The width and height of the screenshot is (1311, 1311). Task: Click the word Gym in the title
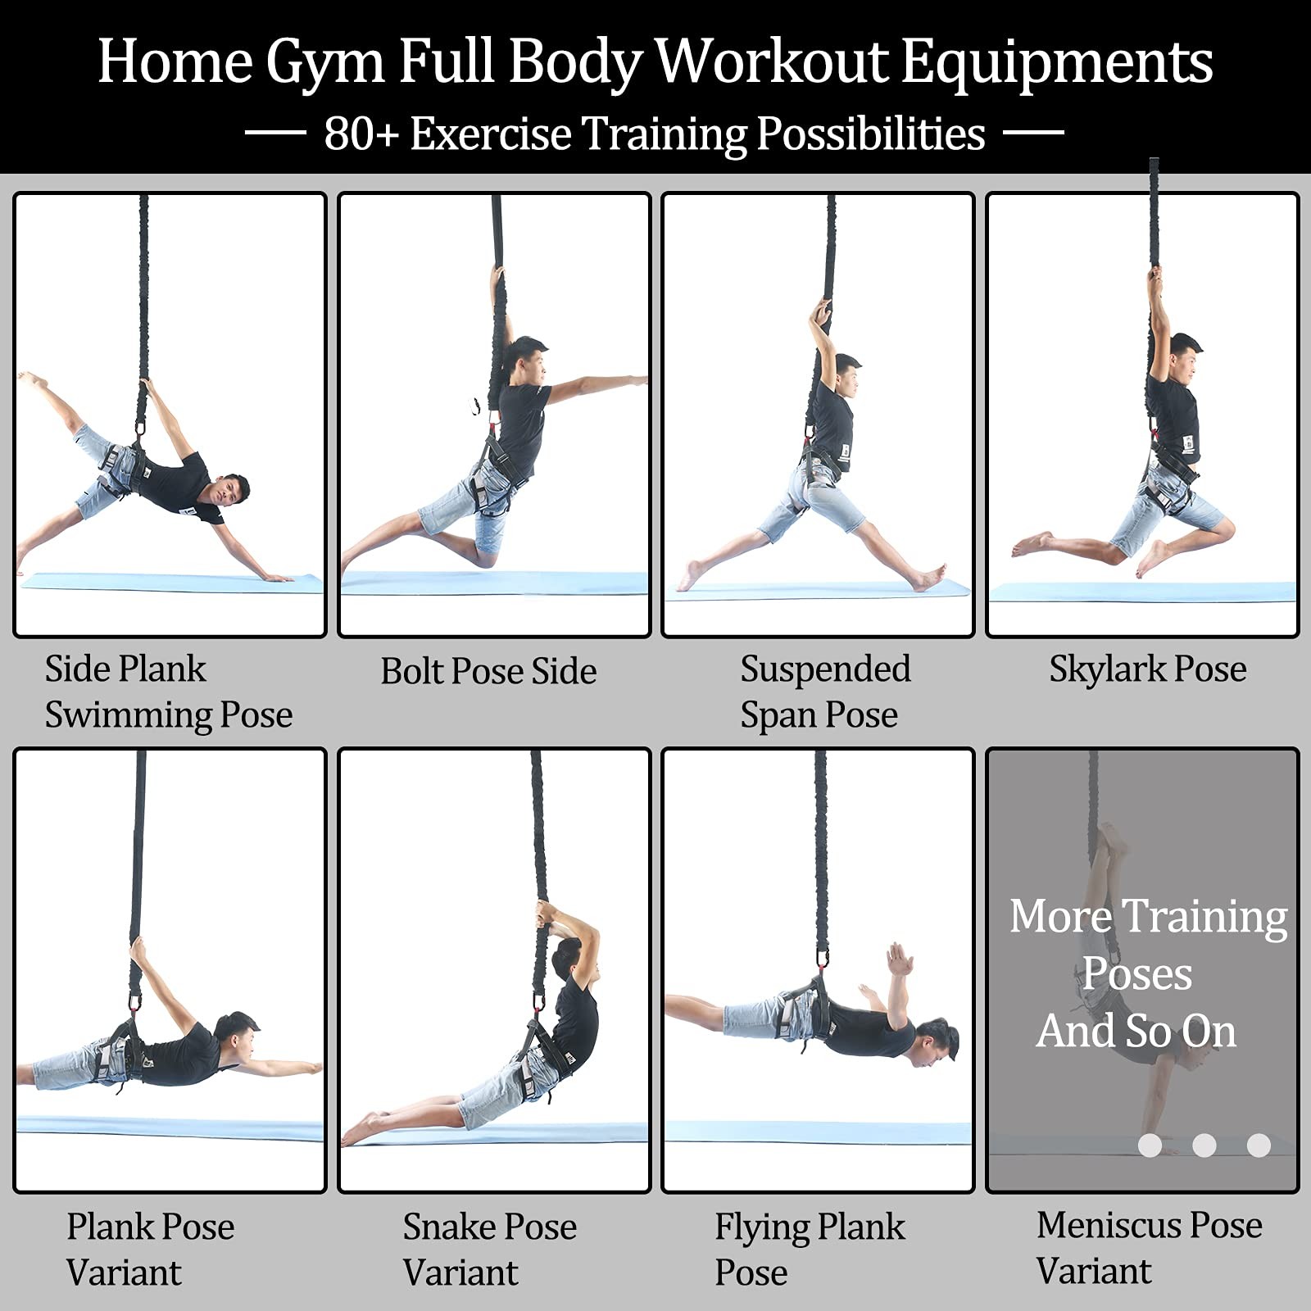coord(324,62)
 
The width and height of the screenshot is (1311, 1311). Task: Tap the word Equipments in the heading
coord(1057,62)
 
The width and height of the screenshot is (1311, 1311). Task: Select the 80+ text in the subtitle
coord(361,134)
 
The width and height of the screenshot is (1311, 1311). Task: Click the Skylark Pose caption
coord(1147,669)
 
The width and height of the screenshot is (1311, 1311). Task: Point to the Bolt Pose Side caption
coord(488,671)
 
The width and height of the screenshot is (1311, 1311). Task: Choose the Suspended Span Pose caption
coord(824,692)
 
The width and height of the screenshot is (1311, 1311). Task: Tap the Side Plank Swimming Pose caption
coord(168,692)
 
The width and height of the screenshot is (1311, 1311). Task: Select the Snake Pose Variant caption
coord(489,1249)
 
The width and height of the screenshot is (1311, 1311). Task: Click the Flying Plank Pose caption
coord(809,1249)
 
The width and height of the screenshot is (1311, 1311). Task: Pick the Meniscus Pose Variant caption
coord(1148,1247)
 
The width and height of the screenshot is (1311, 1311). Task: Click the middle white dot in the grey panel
coord(1204,1145)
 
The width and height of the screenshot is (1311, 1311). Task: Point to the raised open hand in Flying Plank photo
coord(899,959)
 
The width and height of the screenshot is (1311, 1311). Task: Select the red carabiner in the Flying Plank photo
coord(821,959)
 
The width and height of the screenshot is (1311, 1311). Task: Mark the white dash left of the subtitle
coord(275,132)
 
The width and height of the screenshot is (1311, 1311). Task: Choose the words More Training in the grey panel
coord(1147,916)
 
